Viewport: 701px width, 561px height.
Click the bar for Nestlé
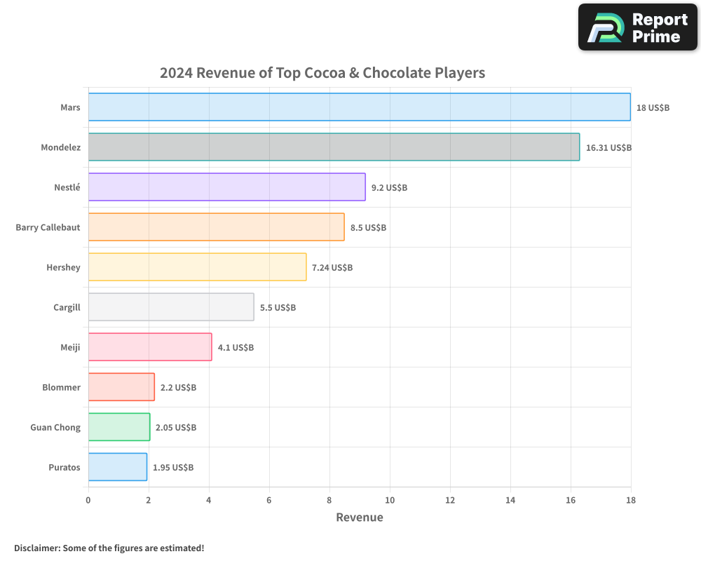(226, 187)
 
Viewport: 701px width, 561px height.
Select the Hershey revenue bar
(197, 267)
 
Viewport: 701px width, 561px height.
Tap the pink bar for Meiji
(150, 347)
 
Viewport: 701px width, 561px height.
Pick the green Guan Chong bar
(119, 427)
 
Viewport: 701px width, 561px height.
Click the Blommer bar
(121, 387)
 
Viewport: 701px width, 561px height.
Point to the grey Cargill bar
(171, 307)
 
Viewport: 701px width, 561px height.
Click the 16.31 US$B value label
(608, 148)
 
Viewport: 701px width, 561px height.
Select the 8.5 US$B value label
(368, 228)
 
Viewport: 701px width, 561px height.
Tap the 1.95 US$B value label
(173, 468)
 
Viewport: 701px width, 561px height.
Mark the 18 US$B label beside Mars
(653, 108)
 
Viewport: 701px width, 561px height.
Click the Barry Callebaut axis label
(48, 227)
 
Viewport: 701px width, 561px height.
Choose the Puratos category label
(64, 467)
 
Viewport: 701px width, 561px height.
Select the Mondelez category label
(60, 147)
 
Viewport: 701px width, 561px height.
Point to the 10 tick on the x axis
(390, 500)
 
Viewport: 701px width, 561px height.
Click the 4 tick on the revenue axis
(209, 500)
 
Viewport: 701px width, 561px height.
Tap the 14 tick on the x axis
(510, 500)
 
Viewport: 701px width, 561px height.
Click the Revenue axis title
(360, 518)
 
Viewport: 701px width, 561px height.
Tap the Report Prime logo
(638, 27)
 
